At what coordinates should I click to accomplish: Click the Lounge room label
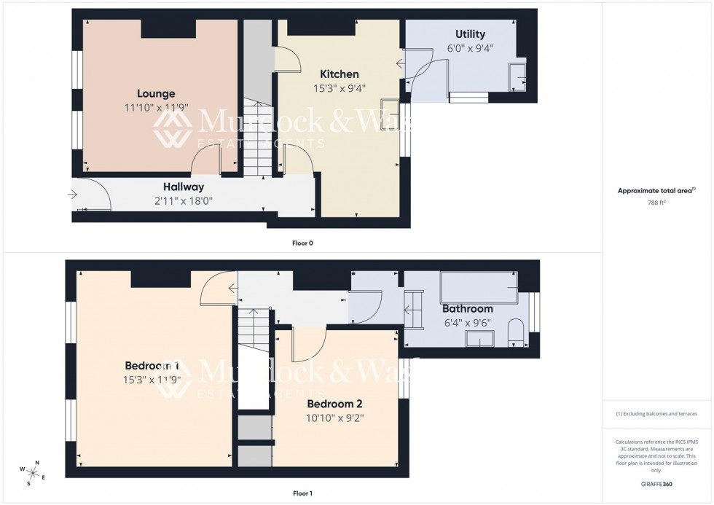pyautogui.click(x=156, y=93)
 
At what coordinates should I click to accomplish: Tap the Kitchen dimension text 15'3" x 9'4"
pyautogui.click(x=339, y=88)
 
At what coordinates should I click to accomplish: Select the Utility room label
pyautogui.click(x=470, y=34)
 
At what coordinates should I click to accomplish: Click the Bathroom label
pyautogui.click(x=467, y=309)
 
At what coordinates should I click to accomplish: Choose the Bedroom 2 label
pyautogui.click(x=334, y=404)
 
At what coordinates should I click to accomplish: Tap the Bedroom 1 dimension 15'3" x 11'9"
pyautogui.click(x=152, y=379)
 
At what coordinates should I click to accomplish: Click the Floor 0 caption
pyautogui.click(x=301, y=243)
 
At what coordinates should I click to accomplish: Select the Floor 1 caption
pyautogui.click(x=301, y=493)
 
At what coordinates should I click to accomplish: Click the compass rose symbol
pyautogui.click(x=33, y=472)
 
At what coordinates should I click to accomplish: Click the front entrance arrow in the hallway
pyautogui.click(x=71, y=195)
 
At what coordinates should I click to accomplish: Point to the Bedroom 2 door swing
pyautogui.click(x=307, y=345)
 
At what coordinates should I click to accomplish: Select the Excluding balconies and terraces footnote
pyautogui.click(x=656, y=414)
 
